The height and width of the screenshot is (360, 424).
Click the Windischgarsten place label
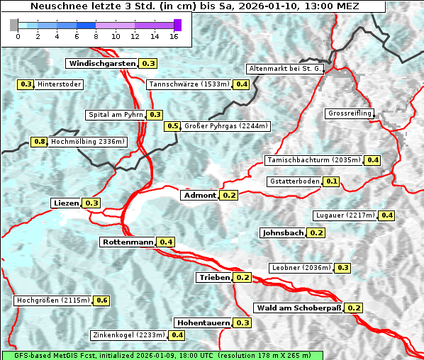[x=102, y=63]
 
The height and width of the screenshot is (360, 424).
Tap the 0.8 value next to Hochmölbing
[x=39, y=142]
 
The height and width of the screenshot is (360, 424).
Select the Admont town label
[x=199, y=195]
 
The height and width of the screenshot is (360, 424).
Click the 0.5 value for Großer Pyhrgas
[x=172, y=126]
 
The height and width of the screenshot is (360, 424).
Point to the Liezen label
[x=66, y=203]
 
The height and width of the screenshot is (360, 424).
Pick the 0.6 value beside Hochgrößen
[x=101, y=300]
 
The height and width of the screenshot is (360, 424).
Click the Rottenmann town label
[x=128, y=242]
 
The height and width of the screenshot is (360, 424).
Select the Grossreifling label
[x=350, y=113]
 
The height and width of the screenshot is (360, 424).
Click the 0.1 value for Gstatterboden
[x=331, y=181]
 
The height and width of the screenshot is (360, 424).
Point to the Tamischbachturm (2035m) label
[x=313, y=160]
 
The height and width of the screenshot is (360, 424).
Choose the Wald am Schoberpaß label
[x=298, y=308]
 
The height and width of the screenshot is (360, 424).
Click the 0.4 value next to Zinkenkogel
[x=177, y=335]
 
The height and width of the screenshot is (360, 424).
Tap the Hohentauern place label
[x=203, y=322]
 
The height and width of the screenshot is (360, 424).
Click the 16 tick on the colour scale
[x=174, y=35]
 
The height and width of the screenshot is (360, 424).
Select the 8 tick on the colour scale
[x=96, y=35]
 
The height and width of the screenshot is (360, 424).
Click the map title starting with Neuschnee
[x=193, y=6]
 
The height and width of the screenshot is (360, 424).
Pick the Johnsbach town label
[x=283, y=232]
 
